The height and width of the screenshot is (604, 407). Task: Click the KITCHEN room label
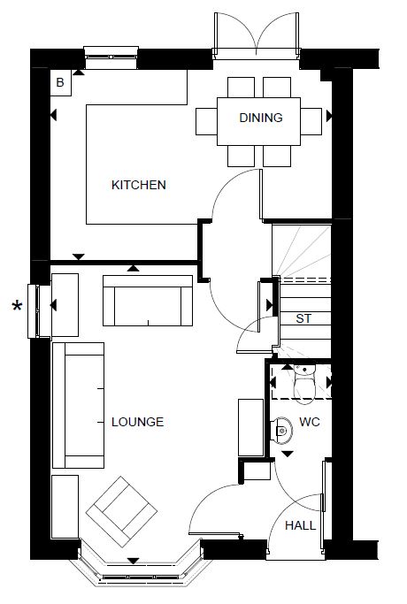coord(139,185)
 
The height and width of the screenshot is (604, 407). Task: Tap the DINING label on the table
coord(261,118)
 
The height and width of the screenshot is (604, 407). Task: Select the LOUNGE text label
coord(138,422)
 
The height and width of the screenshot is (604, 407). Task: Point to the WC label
coord(310,422)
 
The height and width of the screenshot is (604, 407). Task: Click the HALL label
coord(300,525)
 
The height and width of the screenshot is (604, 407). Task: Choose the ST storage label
coord(303,318)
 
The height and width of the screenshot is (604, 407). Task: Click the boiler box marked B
coord(60,82)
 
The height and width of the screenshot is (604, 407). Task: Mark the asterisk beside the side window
coord(18,307)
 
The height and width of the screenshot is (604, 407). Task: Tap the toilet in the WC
coord(304,384)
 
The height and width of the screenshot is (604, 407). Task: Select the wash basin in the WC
coord(282,429)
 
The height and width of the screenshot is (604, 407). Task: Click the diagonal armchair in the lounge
coord(121,511)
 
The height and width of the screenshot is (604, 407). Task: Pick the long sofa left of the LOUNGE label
coord(78,405)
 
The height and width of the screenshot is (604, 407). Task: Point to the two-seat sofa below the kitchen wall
coord(148,301)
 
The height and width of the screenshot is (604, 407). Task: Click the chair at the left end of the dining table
coord(206,121)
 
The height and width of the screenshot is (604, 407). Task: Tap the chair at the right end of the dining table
coord(311,121)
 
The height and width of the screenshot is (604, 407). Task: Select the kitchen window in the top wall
coord(111,57)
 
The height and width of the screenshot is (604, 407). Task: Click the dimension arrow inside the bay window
coord(134,561)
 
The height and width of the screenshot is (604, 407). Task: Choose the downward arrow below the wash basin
coord(288,455)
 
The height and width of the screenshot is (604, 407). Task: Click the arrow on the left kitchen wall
coord(54,115)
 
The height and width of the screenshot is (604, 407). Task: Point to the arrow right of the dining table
coord(329,116)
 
